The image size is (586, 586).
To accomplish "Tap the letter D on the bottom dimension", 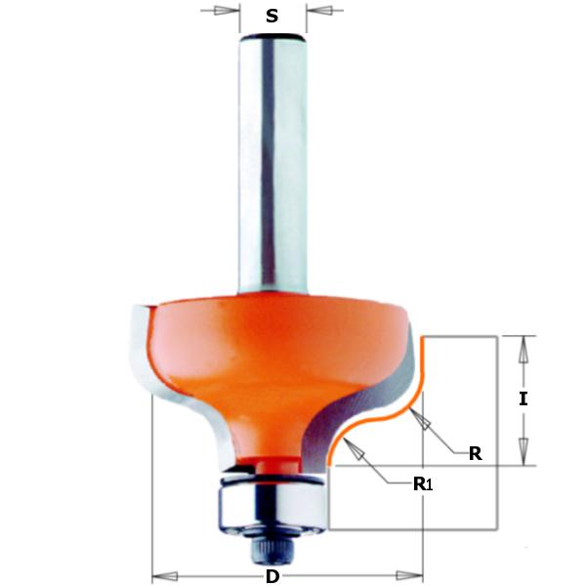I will point(272,576).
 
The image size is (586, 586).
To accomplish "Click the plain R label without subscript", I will point(475,453).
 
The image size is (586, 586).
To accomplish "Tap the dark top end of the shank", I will point(272,36).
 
